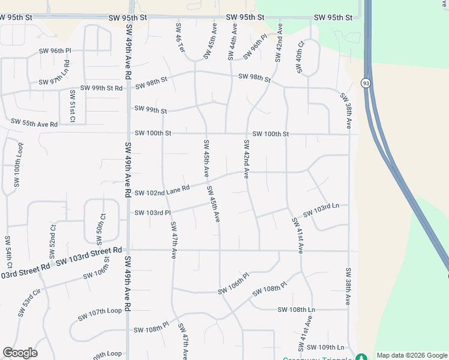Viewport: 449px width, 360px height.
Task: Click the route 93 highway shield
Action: [365, 83]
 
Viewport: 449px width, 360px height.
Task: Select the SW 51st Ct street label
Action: [72, 106]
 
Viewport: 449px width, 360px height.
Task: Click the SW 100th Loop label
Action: [17, 164]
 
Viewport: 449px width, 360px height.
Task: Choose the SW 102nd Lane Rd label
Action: [162, 190]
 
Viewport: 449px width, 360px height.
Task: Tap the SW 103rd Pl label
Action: [152, 212]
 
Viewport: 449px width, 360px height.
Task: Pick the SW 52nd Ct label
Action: [53, 238]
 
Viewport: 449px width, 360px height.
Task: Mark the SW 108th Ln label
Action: [296, 310]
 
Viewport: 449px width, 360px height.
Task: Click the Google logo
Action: [20, 353]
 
